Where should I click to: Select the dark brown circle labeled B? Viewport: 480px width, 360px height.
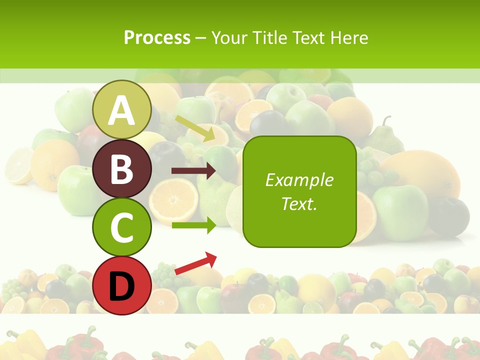tap(122, 169)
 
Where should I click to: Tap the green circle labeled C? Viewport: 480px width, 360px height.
tap(122, 227)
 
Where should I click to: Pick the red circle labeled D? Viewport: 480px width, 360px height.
tap(122, 286)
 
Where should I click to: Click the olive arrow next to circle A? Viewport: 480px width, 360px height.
tap(194, 128)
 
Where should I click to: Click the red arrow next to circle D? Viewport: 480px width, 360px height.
tap(195, 263)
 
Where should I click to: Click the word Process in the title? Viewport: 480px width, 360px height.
tap(157, 37)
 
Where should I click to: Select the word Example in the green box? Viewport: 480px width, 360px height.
tap(299, 180)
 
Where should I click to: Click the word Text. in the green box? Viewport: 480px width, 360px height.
tap(299, 203)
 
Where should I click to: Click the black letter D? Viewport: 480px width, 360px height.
tap(122, 286)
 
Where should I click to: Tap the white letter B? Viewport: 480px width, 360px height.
tap(122, 169)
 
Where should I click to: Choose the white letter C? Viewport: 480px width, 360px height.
tap(122, 227)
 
